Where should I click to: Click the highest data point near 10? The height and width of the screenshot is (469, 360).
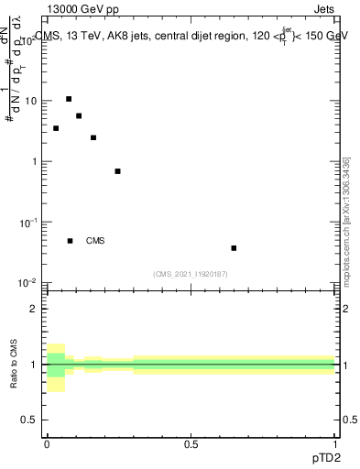pyautogui.click(x=69, y=99)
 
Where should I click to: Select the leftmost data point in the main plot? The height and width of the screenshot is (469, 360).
pyautogui.click(x=56, y=128)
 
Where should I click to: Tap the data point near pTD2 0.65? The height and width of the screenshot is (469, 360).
pyautogui.click(x=235, y=247)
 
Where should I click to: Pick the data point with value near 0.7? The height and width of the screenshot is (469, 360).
pyautogui.click(x=117, y=171)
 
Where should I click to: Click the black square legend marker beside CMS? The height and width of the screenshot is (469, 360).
pyautogui.click(x=70, y=241)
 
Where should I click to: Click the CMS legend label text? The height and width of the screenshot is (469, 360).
pyautogui.click(x=95, y=241)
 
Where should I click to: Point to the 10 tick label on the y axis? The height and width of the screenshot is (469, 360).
pyautogui.click(x=31, y=101)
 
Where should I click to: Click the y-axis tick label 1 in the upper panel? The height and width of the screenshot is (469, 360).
pyautogui.click(x=35, y=161)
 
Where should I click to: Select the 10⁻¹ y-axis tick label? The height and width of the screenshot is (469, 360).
pyautogui.click(x=29, y=222)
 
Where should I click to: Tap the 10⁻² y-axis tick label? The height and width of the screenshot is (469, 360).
pyautogui.click(x=29, y=282)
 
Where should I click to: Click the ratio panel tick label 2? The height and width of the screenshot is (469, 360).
pyautogui.click(x=34, y=309)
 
